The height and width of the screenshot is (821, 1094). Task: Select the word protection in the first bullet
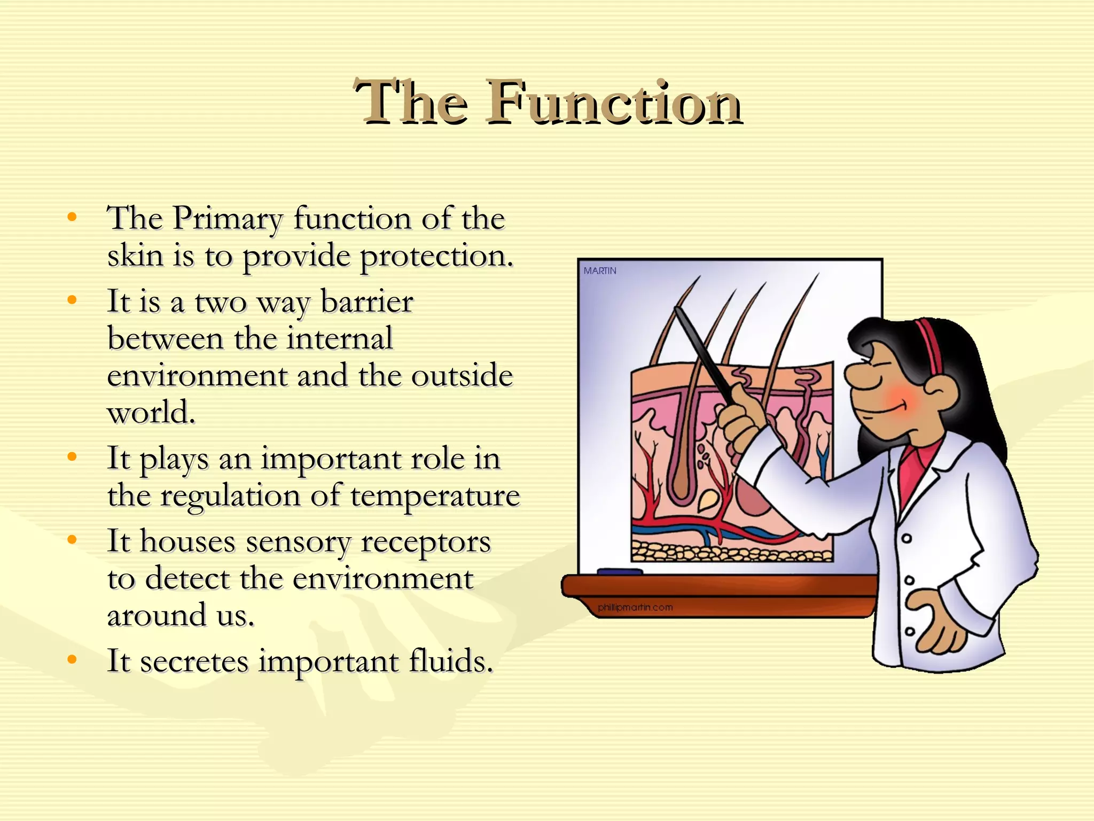click(x=436, y=257)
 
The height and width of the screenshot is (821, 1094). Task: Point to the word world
click(x=151, y=413)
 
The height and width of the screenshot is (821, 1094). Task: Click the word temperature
click(x=435, y=496)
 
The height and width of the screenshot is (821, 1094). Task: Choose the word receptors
click(x=426, y=542)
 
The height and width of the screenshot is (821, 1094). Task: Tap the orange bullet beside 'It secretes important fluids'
click(x=72, y=660)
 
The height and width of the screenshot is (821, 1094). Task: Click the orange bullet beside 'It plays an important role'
click(x=72, y=456)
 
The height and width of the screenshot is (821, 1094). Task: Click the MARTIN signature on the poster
click(x=599, y=271)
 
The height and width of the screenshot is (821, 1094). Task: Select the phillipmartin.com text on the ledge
click(x=635, y=607)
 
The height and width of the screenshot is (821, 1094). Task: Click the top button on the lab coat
click(x=906, y=538)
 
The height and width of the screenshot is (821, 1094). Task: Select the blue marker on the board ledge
click(x=620, y=572)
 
